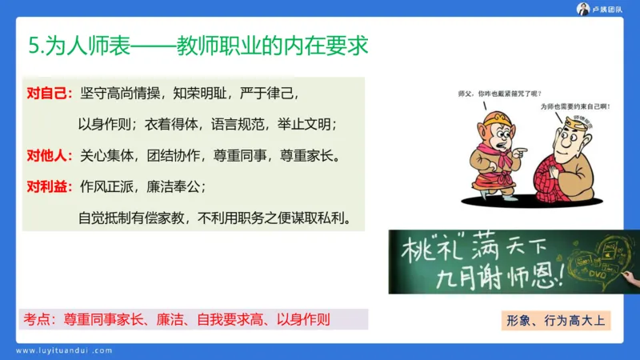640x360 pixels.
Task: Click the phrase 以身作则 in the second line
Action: click(x=105, y=124)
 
